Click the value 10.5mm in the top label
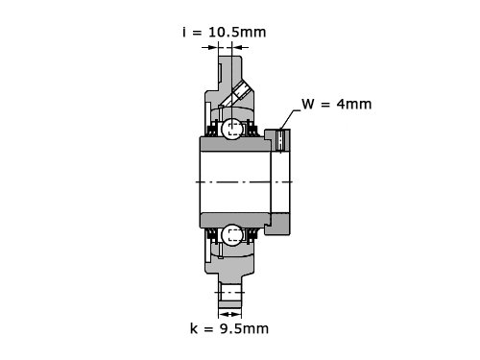(x=237, y=33)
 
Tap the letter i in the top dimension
(x=184, y=32)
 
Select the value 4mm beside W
(x=354, y=105)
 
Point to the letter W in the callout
(x=308, y=105)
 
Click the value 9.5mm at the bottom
(x=244, y=328)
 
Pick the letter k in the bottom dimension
(x=194, y=328)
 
